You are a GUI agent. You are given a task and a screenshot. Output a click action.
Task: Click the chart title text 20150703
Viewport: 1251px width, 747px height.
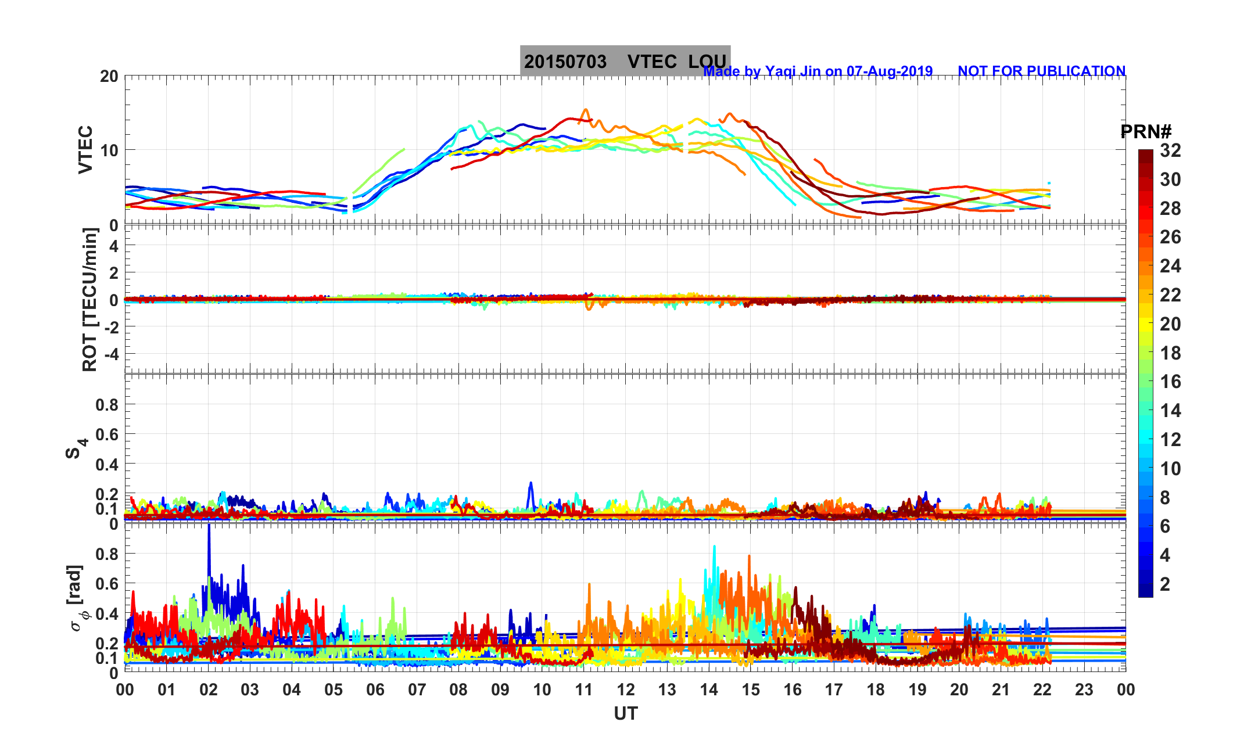[x=565, y=62]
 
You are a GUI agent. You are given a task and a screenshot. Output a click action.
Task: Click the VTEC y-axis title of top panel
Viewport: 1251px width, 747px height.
[x=85, y=149]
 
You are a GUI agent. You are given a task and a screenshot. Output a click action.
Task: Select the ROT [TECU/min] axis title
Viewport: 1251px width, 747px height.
[x=89, y=300]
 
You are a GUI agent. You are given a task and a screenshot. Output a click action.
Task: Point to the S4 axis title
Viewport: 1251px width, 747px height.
[x=76, y=448]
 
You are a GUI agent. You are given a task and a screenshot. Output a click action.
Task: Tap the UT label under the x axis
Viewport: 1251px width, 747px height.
[x=626, y=713]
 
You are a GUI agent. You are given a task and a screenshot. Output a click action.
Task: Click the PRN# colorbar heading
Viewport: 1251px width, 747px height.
[x=1146, y=132]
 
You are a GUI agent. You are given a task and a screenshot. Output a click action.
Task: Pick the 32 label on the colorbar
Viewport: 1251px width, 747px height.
[x=1170, y=151]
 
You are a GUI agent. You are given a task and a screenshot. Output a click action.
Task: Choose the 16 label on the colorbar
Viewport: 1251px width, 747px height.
[x=1170, y=382]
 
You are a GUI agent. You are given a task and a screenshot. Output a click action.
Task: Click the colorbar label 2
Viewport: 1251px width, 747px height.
[x=1165, y=584]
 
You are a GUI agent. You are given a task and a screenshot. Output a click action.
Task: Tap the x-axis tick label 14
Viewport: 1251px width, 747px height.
[x=709, y=690]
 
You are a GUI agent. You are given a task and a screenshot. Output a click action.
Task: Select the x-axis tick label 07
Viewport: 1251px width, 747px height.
[x=417, y=690]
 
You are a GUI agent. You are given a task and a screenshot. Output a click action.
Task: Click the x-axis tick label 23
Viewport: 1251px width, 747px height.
[x=1084, y=690]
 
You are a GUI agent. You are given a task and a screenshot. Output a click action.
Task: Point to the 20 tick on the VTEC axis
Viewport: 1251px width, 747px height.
[x=109, y=77]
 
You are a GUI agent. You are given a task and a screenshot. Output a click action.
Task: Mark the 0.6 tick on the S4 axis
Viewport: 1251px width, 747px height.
[x=107, y=434]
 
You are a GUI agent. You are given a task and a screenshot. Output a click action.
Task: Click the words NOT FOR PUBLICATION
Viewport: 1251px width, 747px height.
[x=1041, y=71]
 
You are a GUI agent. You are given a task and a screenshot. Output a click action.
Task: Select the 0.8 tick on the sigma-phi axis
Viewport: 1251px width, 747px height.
[x=107, y=554]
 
